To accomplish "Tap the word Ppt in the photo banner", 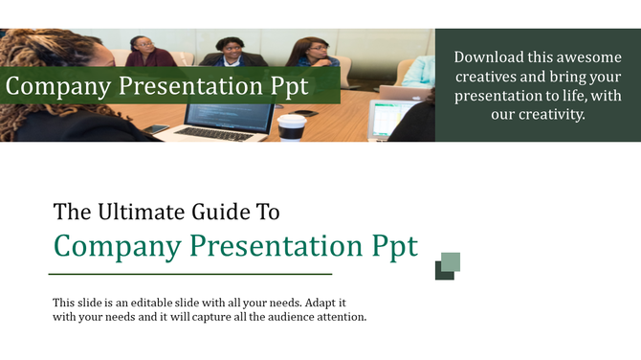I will click(x=286, y=86).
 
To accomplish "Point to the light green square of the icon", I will click(x=451, y=261).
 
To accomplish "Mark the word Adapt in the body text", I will click(x=316, y=302).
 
